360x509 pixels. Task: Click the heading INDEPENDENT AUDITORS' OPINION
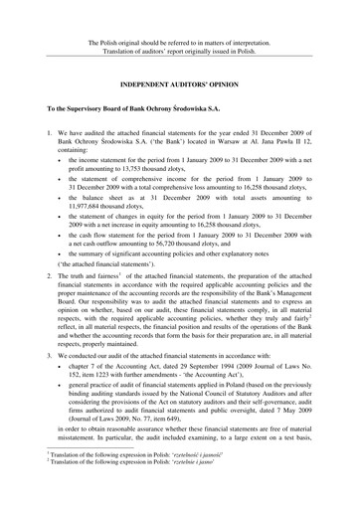[x=180, y=83]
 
